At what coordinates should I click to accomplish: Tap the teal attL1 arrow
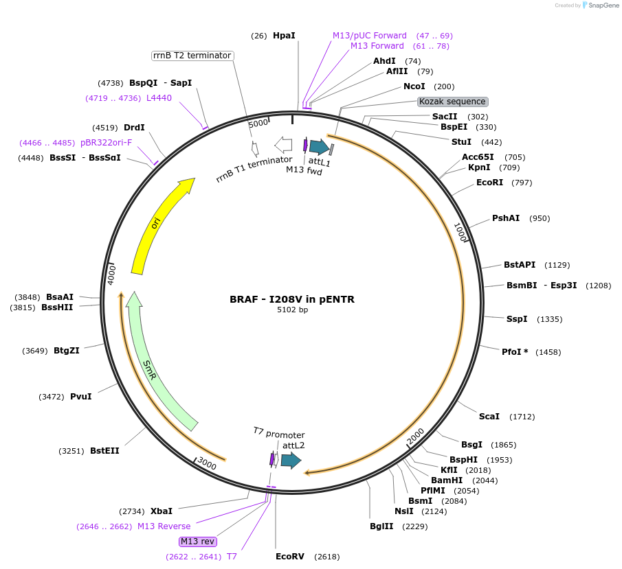319,146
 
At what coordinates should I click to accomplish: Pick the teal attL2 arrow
291,460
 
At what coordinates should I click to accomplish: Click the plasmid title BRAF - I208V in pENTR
292,299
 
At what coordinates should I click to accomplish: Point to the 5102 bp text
292,310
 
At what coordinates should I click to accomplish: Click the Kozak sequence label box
452,102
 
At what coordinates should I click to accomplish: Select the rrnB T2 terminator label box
192,56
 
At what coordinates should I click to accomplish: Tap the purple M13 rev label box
198,541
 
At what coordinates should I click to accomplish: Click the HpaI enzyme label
284,35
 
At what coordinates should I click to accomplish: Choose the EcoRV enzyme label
289,557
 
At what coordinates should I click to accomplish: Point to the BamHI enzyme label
447,480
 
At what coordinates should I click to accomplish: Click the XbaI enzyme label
162,511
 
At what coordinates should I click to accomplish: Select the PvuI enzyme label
80,397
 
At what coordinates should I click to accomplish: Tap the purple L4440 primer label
159,98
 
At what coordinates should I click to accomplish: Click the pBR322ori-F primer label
106,143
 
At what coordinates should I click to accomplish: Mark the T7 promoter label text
278,433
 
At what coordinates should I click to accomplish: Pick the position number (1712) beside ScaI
522,417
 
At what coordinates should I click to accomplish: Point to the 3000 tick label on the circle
207,465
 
